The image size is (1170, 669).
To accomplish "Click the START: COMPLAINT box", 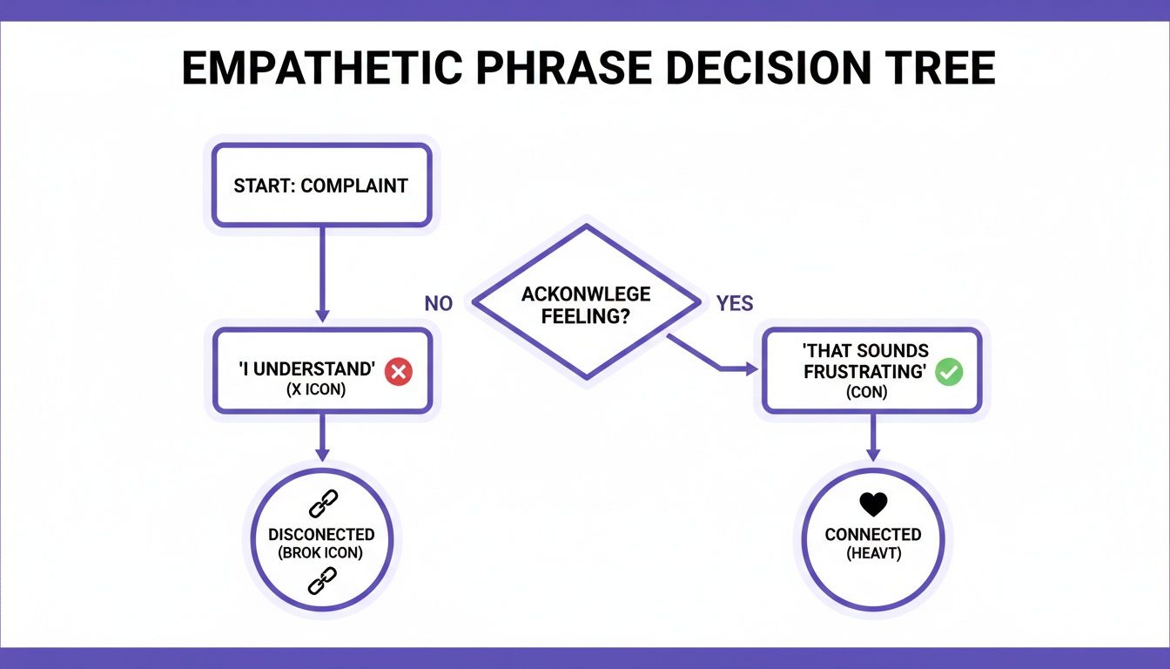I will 320,186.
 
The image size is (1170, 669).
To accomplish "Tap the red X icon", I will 399,372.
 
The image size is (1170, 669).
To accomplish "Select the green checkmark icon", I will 948,373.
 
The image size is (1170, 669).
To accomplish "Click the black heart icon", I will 872,504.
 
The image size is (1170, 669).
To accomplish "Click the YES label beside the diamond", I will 734,304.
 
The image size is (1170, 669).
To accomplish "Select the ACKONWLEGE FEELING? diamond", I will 585,304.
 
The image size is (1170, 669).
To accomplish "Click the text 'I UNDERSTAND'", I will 307,370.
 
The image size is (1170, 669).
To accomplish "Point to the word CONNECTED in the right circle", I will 872,535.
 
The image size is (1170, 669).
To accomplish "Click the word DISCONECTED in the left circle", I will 321,535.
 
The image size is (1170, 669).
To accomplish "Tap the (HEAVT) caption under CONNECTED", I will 872,553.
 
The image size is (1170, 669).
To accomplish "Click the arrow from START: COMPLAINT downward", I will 321,274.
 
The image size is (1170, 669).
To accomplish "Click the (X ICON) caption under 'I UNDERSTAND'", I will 315,390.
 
